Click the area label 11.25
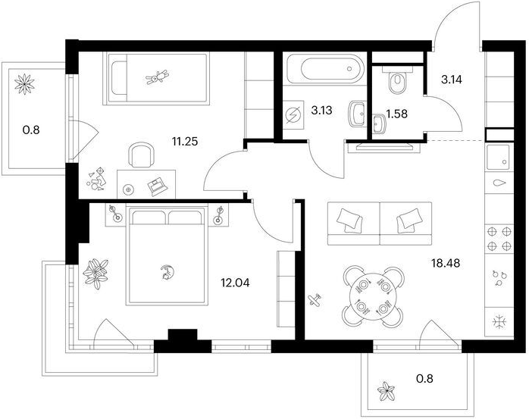pyautogui.click(x=184, y=142)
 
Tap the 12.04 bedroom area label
pyautogui.click(x=235, y=283)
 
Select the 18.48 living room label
pyautogui.click(x=446, y=262)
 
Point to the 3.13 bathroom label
pyautogui.click(x=321, y=110)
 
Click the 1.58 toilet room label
pyautogui.click(x=397, y=114)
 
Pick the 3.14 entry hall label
pyautogui.click(x=452, y=80)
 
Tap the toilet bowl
pyautogui.click(x=398, y=80)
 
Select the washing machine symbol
pyautogui.click(x=293, y=114)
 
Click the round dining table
pyautogui.click(x=373, y=296)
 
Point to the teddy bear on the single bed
pyautogui.click(x=157, y=77)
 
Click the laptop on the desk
pyautogui.click(x=158, y=186)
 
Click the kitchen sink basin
pyautogui.click(x=498, y=158)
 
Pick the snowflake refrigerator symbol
pyautogui.click(x=499, y=322)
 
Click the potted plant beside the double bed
pyautogui.click(x=95, y=274)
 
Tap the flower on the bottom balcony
pyautogui.click(x=386, y=391)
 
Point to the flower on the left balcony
pyautogui.click(x=24, y=84)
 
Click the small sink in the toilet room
pyautogui.click(x=379, y=124)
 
